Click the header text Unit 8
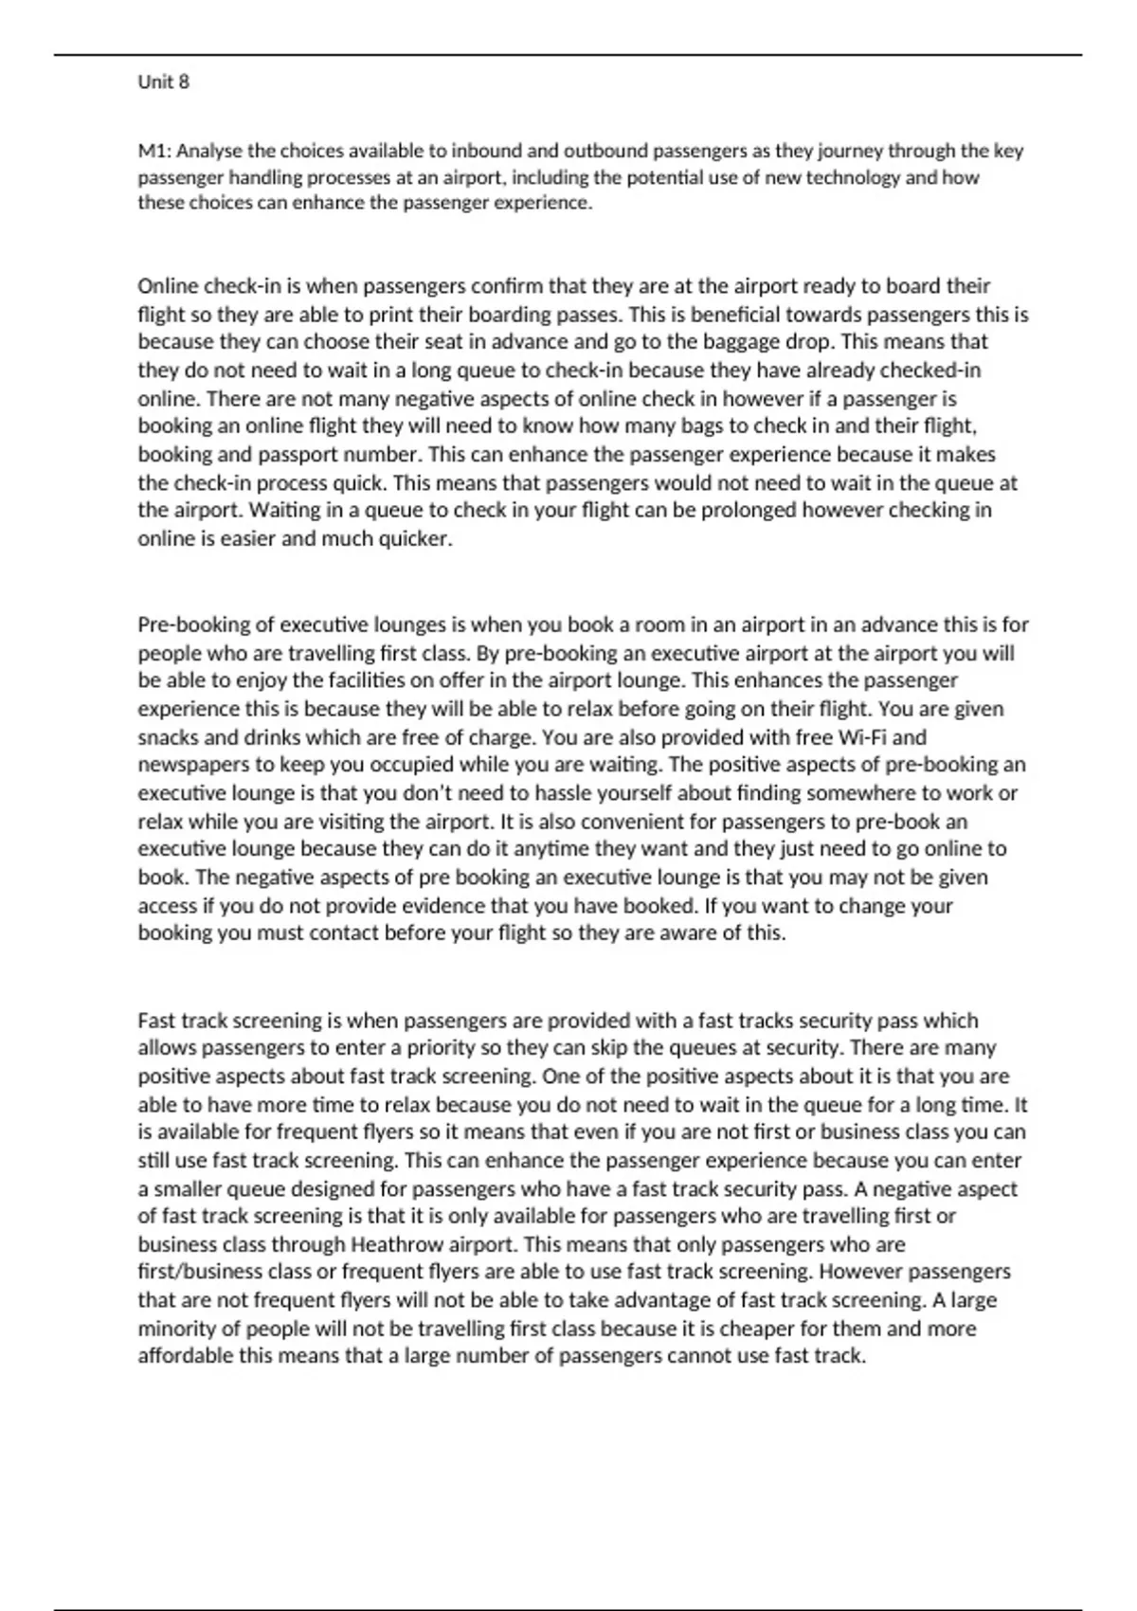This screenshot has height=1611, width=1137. point(163,82)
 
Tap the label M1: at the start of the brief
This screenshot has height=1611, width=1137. point(154,151)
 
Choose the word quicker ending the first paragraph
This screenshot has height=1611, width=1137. point(415,539)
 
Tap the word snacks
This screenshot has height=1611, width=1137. point(167,737)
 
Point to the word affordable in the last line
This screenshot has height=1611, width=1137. point(185,1356)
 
